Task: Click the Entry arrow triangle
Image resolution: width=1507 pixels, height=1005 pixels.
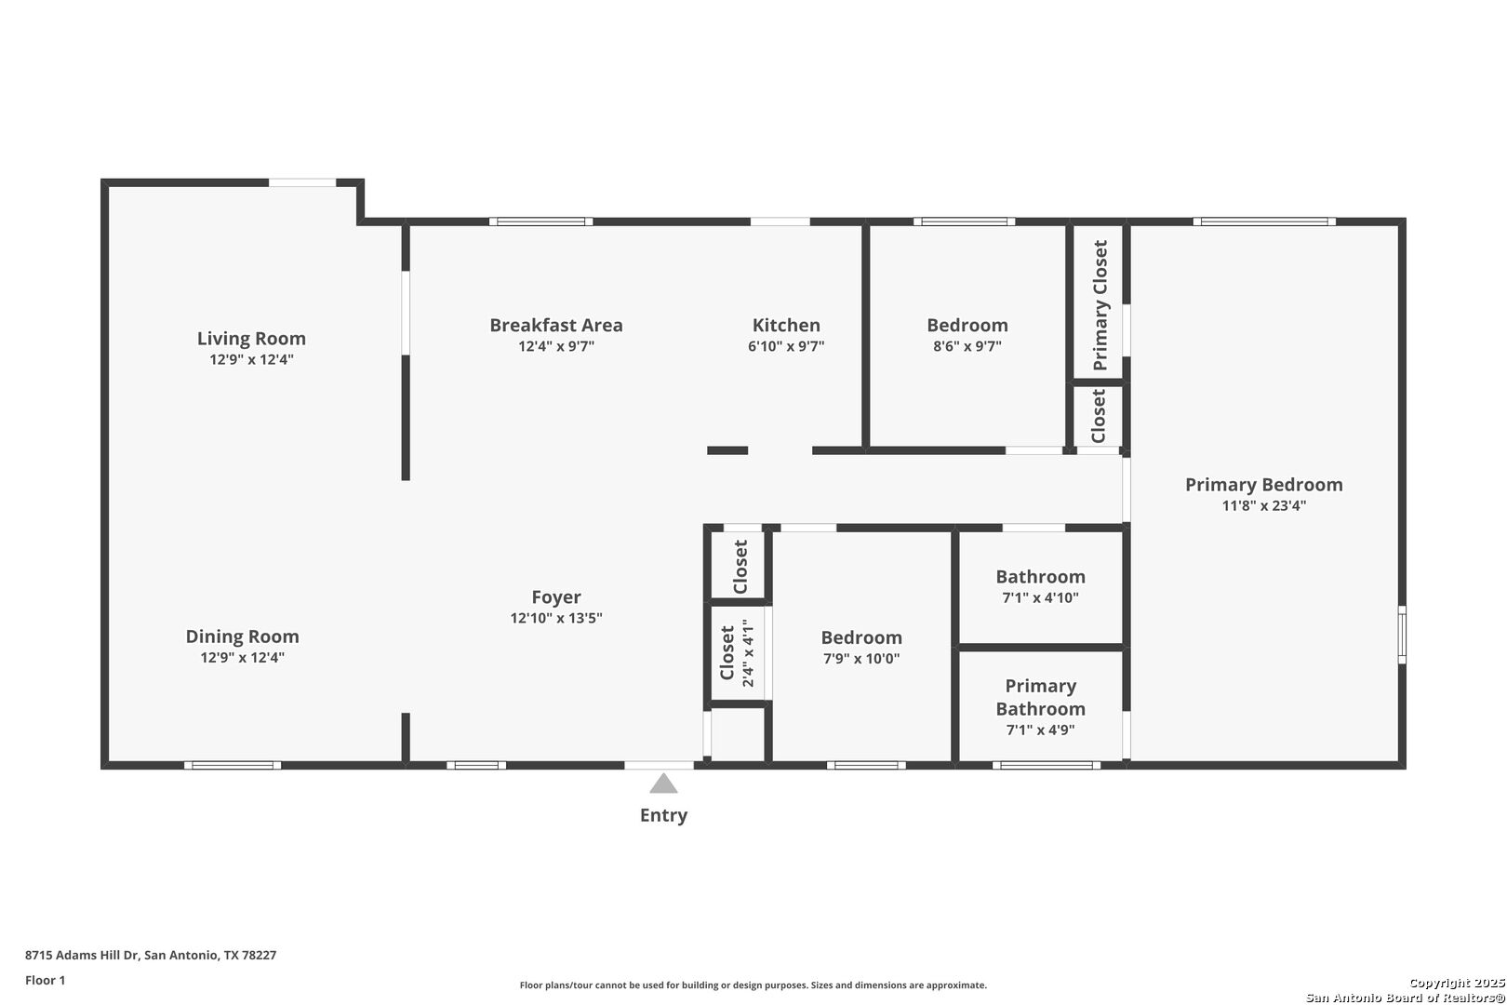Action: (663, 784)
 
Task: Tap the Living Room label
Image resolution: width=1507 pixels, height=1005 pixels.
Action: (251, 339)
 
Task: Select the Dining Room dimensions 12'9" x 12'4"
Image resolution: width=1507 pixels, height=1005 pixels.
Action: (242, 658)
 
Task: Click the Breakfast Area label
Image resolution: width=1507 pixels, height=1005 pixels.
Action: (556, 325)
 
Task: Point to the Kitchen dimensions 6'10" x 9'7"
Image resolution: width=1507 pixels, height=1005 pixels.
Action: (786, 346)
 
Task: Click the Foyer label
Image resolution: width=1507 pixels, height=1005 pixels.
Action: (556, 597)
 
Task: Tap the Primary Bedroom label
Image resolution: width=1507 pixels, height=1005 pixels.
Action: (1263, 485)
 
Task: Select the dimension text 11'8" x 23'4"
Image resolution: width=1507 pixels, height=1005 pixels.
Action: (1263, 506)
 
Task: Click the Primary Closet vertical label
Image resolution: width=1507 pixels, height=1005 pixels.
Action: (1100, 305)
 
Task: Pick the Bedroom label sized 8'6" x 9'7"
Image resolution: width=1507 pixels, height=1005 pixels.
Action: (967, 325)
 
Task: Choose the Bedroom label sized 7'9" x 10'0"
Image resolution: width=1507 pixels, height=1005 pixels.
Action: (860, 637)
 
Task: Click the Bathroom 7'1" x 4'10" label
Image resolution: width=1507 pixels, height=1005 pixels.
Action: (1040, 577)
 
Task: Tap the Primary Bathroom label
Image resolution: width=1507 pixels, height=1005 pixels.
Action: (1040, 697)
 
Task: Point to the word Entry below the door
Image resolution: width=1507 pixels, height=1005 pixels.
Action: (663, 815)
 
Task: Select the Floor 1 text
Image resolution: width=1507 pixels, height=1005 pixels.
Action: (46, 980)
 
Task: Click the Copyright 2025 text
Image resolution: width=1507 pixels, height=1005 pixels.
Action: (1456, 983)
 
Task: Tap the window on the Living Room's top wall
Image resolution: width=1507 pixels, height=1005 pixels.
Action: (302, 182)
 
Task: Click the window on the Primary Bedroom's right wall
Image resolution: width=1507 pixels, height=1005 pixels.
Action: (1402, 635)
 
